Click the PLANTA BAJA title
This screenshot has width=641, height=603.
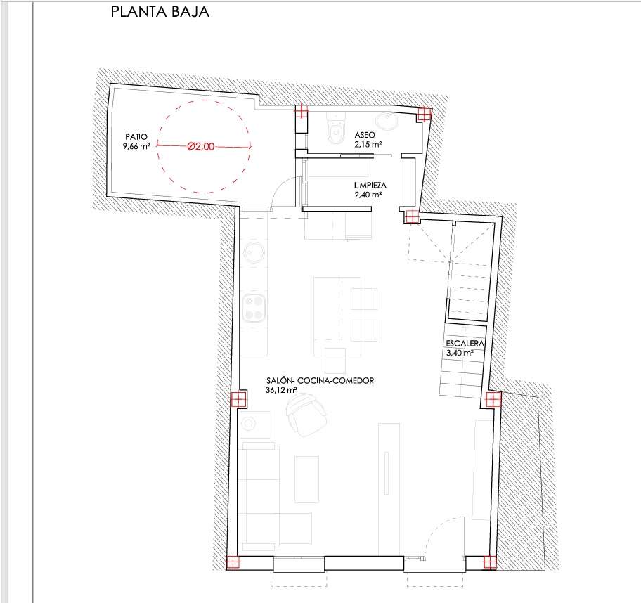[160, 11]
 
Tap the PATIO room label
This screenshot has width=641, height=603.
[136, 137]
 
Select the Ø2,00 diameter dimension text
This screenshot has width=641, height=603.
[201, 146]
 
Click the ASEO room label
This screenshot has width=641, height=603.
[365, 135]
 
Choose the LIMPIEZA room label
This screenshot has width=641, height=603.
[370, 186]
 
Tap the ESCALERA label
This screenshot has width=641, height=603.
[465, 344]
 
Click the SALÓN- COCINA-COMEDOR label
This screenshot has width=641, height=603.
[320, 381]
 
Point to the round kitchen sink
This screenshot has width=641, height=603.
[254, 252]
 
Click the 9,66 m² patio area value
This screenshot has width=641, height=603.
[136, 146]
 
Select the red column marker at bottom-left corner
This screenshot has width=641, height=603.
[233, 562]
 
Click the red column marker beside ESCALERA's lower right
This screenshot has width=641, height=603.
[493, 399]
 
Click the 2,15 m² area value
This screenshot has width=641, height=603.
[368, 144]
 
